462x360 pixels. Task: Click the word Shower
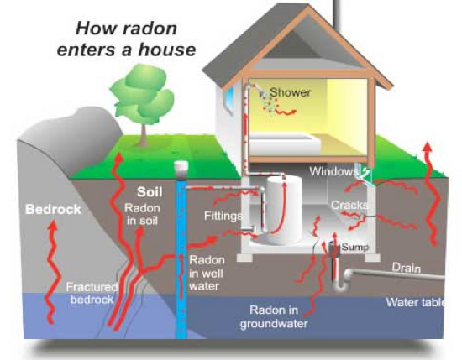(x=290, y=93)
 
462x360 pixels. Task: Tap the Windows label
(x=333, y=172)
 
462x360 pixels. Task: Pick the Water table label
(x=415, y=302)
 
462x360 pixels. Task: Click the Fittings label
(x=223, y=217)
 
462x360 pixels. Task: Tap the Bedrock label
(x=53, y=209)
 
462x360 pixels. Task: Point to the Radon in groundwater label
(x=275, y=316)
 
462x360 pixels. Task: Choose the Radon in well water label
(x=207, y=273)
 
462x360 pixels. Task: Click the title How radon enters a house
(x=126, y=39)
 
